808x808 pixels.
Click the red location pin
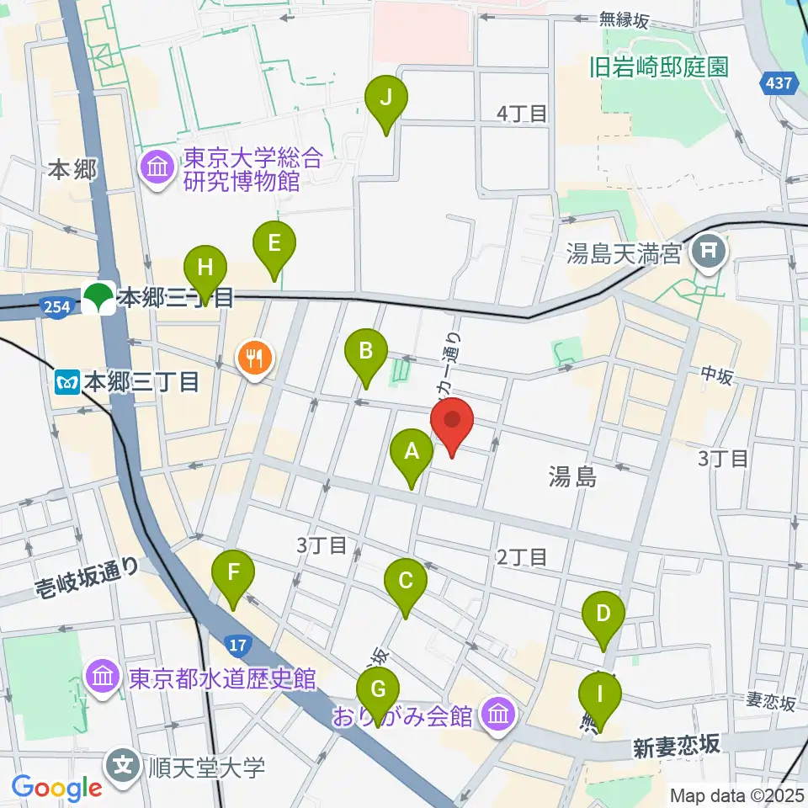pos(453,423)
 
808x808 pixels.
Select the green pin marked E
pos(274,245)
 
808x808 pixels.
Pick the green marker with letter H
pos(205,269)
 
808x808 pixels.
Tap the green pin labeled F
pos(234,576)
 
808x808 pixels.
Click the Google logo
pos(57,787)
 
